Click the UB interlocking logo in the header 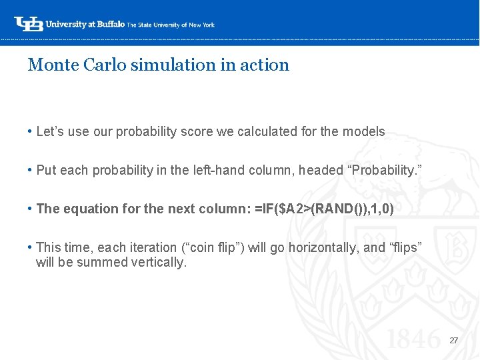29,24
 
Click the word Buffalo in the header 110,24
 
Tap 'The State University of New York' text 171,25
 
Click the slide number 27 454,340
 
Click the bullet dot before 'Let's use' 31,131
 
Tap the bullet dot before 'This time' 31,247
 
